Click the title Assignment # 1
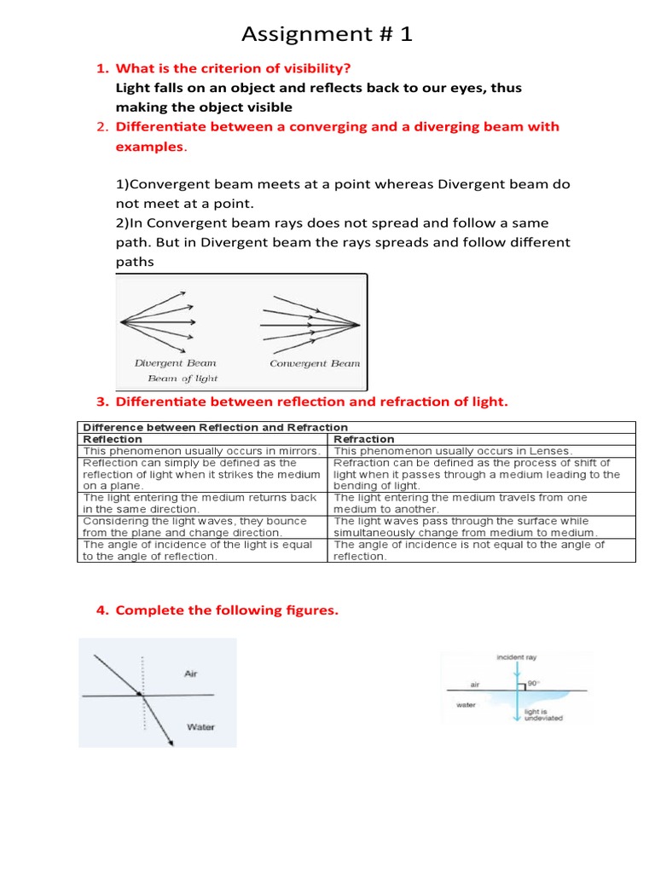(327, 33)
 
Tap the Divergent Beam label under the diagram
(175, 363)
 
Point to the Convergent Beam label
(315, 363)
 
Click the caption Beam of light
(183, 379)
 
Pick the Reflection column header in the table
(112, 439)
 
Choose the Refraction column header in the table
(364, 439)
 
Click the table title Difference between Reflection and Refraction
(214, 427)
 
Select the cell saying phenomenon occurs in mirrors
(201, 451)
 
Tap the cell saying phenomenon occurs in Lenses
(454, 451)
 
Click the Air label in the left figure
(192, 674)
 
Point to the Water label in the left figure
(200, 727)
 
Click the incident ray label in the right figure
(516, 658)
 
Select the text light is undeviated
(543, 714)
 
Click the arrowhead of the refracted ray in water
(171, 743)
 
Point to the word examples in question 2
(149, 147)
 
